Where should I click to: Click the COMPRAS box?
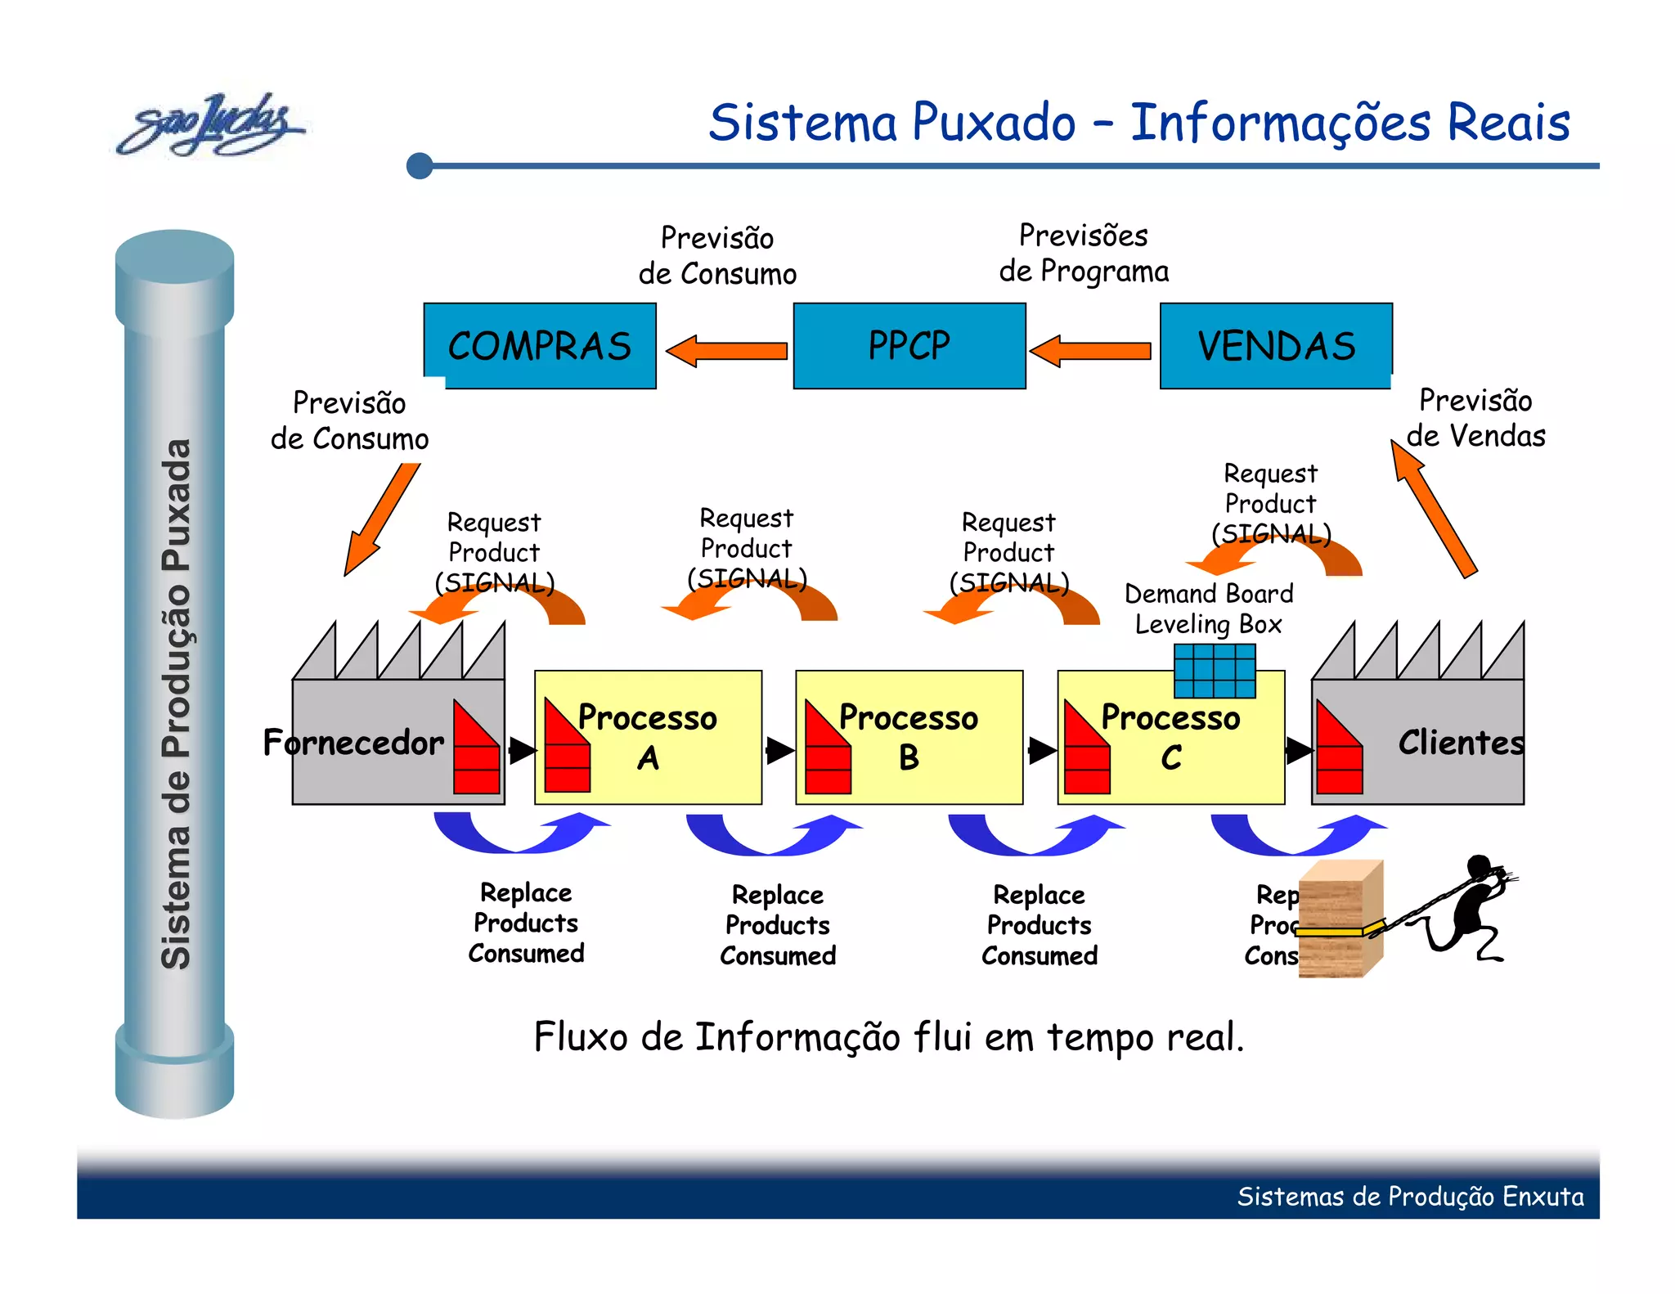tap(540, 345)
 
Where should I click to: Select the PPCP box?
tap(909, 345)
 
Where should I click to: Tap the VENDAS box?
tap(1276, 345)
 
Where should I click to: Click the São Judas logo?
tap(210, 125)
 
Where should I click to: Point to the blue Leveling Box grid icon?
tap(1215, 670)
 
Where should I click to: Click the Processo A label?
tap(648, 736)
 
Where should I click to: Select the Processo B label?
tap(909, 736)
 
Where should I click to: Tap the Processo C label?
tap(1170, 736)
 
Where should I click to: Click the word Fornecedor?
tap(353, 743)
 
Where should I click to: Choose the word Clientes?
tap(1461, 743)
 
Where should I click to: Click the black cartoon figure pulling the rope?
tap(1472, 908)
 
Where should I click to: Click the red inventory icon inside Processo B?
tap(828, 748)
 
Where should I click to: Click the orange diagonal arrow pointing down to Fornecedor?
tap(382, 519)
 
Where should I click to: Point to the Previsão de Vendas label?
tap(1475, 418)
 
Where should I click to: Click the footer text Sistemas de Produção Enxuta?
tap(1410, 1196)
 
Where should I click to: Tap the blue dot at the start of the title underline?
tap(420, 165)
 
